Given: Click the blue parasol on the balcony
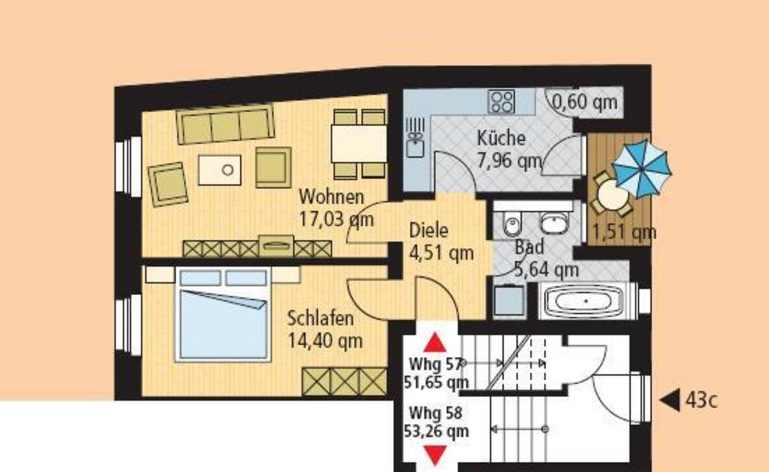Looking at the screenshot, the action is click(x=641, y=169).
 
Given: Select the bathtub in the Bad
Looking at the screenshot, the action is click(x=584, y=301).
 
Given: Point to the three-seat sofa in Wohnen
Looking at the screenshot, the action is click(x=226, y=124).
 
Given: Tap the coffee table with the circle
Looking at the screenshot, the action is click(x=220, y=170).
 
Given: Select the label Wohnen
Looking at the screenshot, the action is click(x=331, y=197).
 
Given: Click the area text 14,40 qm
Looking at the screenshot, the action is click(x=325, y=341).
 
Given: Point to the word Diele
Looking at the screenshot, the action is click(x=429, y=230).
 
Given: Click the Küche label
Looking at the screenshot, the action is click(x=501, y=138).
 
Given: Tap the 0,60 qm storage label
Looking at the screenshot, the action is click(x=584, y=102).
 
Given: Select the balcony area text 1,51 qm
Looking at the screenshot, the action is click(x=624, y=232).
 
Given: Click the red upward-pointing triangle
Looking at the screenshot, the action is click(x=435, y=343).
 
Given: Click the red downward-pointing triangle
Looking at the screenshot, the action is click(x=435, y=455).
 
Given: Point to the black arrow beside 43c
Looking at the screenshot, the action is click(x=670, y=400).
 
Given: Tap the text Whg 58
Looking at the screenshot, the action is click(x=436, y=413).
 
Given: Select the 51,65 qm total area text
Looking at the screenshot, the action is click(x=436, y=382).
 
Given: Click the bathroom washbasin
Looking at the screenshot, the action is click(x=554, y=223).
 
